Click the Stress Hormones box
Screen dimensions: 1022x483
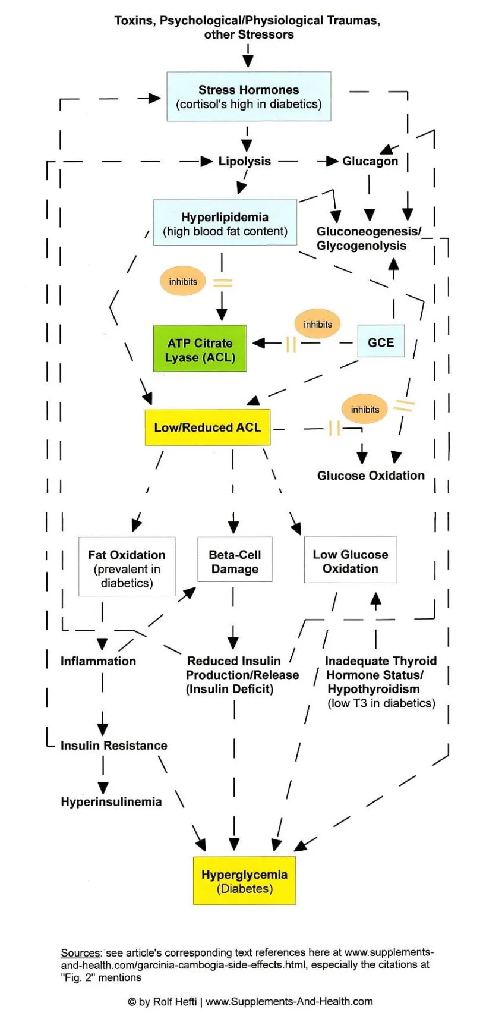[248, 97]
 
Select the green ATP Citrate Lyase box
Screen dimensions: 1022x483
[200, 349]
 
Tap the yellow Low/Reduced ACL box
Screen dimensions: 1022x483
[207, 427]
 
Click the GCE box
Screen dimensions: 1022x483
[381, 342]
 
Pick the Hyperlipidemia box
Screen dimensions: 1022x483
[225, 224]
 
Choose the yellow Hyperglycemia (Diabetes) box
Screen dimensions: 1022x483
[244, 881]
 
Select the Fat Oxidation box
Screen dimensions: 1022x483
[127, 567]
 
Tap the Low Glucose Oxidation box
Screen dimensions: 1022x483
[350, 561]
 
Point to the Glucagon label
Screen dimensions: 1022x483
[370, 161]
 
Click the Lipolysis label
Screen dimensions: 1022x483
[244, 161]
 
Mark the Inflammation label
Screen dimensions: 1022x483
[98, 661]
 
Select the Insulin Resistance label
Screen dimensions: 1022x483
[113, 746]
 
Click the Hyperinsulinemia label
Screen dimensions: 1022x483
[111, 802]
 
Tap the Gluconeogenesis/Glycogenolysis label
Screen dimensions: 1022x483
[368, 238]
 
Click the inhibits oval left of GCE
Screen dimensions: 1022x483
[318, 325]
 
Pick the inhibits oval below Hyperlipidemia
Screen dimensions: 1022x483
[183, 282]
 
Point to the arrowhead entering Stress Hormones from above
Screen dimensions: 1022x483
[248, 61]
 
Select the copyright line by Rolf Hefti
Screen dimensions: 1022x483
[250, 1001]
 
